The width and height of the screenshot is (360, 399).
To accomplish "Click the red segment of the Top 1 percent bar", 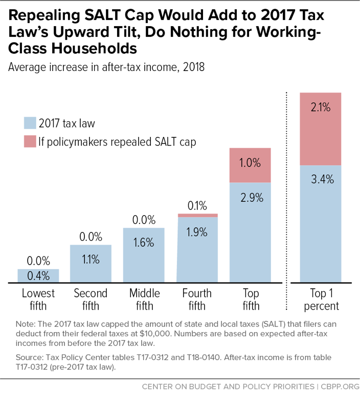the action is click(321, 129).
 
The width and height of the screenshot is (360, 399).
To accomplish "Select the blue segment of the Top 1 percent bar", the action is click(321, 224).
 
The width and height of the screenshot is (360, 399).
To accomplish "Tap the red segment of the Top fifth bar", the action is click(250, 165).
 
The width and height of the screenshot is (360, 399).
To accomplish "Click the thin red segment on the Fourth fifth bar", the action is click(197, 215).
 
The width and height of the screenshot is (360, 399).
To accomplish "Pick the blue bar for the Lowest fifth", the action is click(38, 276).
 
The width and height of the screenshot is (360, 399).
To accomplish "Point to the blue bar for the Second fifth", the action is click(91, 264).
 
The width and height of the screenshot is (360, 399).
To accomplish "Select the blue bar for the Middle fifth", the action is click(144, 255).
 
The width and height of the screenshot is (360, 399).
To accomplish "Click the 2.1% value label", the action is click(321, 107).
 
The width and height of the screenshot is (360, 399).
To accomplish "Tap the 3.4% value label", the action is click(322, 179).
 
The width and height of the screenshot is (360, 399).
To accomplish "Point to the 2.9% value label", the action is click(252, 198).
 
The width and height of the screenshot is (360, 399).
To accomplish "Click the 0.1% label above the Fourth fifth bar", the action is click(197, 205).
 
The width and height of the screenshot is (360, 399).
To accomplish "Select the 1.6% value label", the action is click(144, 243).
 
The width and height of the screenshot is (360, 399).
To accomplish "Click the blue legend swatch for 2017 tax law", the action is click(30, 123).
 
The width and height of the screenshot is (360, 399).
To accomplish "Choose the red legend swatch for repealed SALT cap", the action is click(30, 141).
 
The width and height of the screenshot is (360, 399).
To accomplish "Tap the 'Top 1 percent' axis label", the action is click(321, 299).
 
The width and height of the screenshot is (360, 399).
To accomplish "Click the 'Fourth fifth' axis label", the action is click(197, 299).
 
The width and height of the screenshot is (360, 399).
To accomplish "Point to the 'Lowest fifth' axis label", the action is click(38, 299).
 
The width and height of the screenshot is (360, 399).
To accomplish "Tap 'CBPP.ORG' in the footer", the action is click(340, 387).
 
